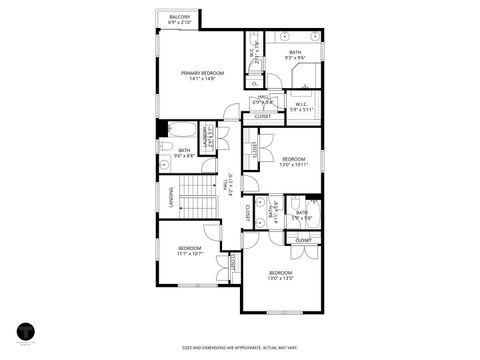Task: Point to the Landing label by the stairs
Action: click(x=170, y=212)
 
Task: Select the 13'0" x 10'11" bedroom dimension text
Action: click(x=294, y=163)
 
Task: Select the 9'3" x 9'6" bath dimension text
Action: click(x=294, y=57)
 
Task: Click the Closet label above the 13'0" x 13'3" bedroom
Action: click(x=303, y=240)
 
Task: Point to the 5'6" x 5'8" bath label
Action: click(x=301, y=216)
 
